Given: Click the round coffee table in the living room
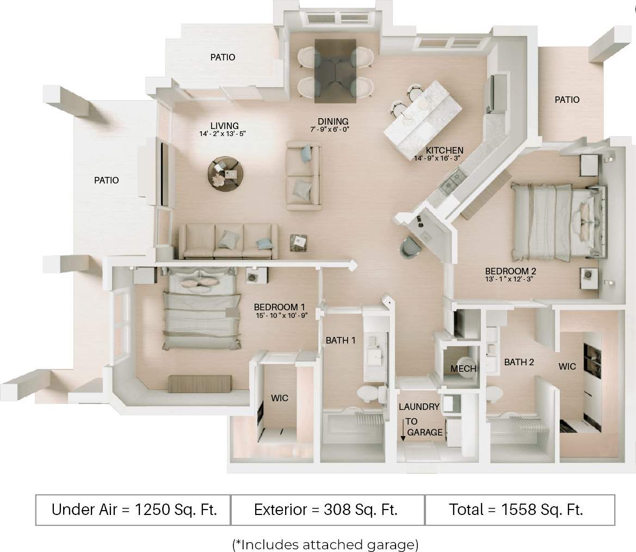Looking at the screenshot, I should pos(226,173).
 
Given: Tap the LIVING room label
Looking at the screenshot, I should pos(225,126).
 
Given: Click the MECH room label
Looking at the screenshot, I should pos(463,369).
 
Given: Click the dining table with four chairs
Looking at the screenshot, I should pos(335,71).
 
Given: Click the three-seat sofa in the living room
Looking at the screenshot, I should pos(228,241).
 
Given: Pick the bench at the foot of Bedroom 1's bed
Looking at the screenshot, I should pos(200,383).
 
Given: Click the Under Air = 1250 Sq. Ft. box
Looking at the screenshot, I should pos(133,510).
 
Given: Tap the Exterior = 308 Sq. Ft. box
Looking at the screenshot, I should pos(326,510).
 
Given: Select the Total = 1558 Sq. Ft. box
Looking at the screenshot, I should pos(516,510).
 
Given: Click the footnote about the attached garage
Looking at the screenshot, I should pos(325,544).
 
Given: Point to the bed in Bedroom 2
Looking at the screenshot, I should pos(555,221).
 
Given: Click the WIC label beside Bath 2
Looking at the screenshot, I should pos(567,366).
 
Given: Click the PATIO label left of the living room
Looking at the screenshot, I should pos(106,180).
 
